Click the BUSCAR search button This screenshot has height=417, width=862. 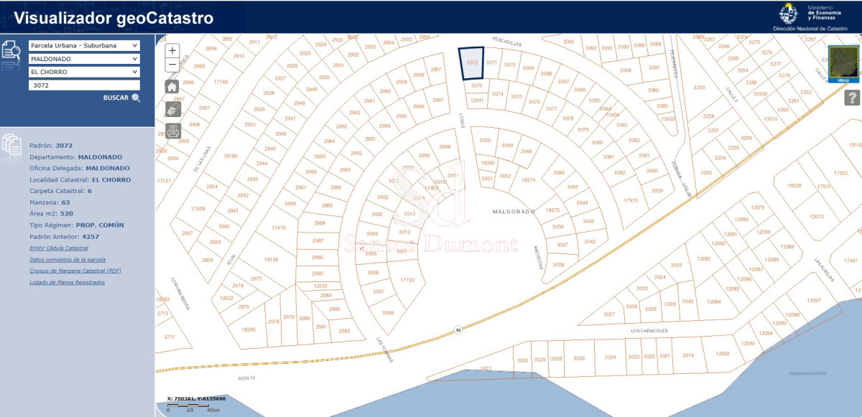121,98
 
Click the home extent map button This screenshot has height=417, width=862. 172,86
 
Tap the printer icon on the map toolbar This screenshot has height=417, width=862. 172,131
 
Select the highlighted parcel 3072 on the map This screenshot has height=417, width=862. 471,63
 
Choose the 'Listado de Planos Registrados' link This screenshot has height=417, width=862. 67,282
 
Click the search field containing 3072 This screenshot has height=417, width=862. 84,85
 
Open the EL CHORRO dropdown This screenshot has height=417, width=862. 84,72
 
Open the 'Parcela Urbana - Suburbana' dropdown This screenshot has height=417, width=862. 84,45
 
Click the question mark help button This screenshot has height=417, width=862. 852,98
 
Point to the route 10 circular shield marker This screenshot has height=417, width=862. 458,330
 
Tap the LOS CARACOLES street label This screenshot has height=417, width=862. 649,331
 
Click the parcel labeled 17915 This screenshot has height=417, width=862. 631,200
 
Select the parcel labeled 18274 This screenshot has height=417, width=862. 529,180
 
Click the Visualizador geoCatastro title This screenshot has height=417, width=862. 113,19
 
